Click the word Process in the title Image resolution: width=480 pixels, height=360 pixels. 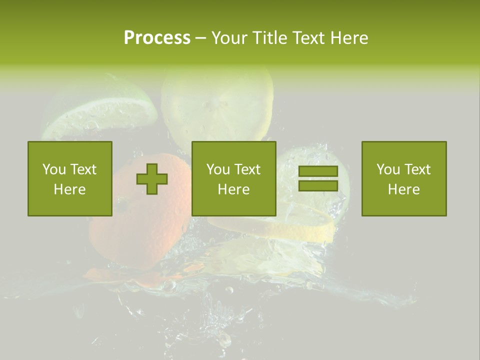coord(157,38)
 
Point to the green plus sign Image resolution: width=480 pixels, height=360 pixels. coord(152,179)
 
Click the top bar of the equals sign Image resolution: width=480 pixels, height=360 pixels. coord(318,171)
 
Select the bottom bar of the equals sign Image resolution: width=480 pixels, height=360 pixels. coord(318,185)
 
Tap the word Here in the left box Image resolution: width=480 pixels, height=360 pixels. coord(69,189)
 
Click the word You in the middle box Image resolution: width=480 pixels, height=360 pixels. coord(218,169)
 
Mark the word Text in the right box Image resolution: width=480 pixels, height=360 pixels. coord(417,169)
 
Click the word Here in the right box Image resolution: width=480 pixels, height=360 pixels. coord(403,189)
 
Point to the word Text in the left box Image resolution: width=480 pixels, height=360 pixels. coord(83,169)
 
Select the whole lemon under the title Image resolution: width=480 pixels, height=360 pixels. coord(217,102)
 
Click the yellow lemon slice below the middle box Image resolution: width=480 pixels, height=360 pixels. coord(280,227)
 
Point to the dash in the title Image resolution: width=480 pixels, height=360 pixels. coord(200,38)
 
